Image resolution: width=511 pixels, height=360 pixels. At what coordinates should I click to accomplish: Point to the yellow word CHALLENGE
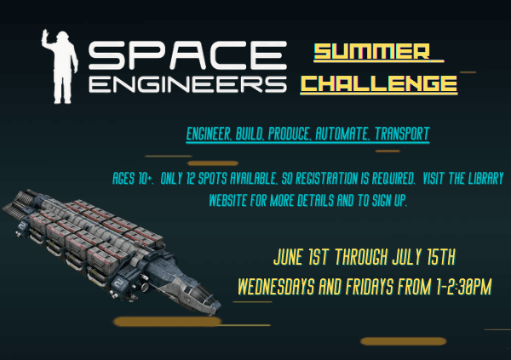(380, 83)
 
